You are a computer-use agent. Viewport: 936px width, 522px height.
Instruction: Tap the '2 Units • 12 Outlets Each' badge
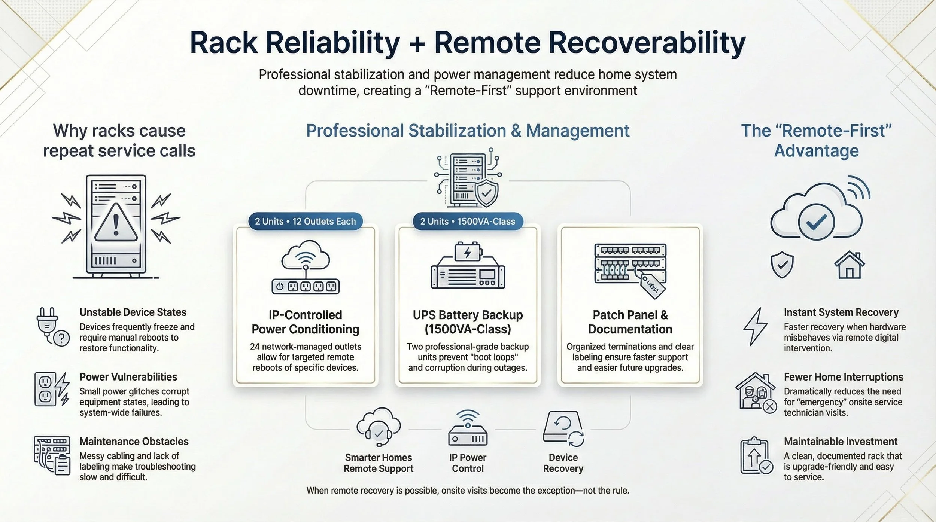point(305,221)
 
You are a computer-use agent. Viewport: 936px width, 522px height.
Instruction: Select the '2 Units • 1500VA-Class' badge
point(467,221)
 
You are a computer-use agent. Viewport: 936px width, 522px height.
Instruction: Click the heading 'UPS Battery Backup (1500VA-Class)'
point(468,322)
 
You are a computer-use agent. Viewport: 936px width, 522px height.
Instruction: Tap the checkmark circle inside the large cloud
point(816,222)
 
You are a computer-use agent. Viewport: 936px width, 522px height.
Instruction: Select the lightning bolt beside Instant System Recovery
point(755,326)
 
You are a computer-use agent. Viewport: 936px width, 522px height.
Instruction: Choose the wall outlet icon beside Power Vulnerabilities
point(45,389)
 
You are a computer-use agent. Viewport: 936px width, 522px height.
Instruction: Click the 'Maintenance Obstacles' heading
point(134,441)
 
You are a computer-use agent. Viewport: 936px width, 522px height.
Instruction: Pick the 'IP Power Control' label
point(468,463)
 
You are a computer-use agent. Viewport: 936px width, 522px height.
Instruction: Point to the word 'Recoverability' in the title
point(590,43)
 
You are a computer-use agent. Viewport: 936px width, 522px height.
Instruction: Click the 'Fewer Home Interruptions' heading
point(844,377)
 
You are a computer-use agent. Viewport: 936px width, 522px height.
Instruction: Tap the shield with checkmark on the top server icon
point(486,193)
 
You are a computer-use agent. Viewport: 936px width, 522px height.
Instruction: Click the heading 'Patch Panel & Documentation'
point(630,322)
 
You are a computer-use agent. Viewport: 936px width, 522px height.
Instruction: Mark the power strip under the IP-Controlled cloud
point(305,287)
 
